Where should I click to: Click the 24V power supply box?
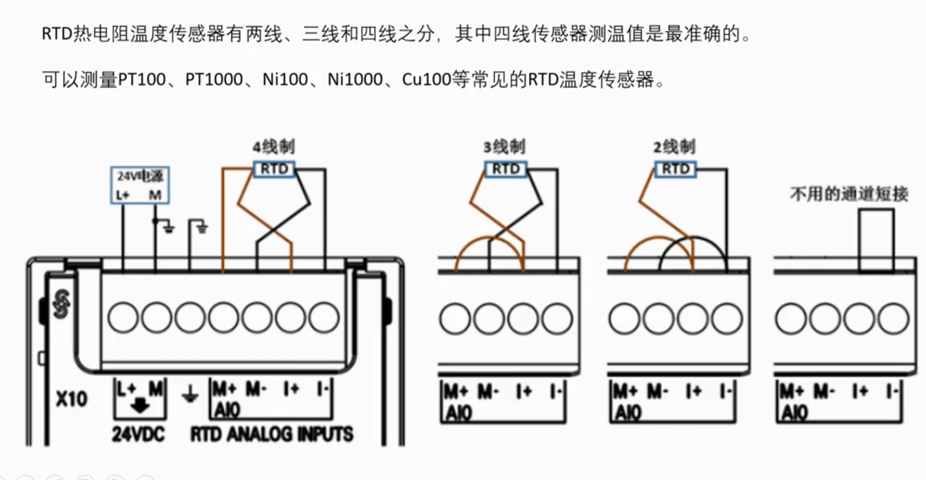click(140, 185)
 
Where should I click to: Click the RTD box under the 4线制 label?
click(275, 169)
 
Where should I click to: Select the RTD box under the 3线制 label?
click(506, 169)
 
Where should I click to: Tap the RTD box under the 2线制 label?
click(676, 169)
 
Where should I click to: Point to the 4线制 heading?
click(273, 147)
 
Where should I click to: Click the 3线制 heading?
click(504, 147)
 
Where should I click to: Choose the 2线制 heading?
click(675, 147)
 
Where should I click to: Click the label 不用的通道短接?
click(849, 194)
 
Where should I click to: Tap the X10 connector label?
click(71, 399)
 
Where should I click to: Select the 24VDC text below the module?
click(138, 434)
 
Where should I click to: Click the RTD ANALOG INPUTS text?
click(272, 434)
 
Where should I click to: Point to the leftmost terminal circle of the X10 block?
click(123, 317)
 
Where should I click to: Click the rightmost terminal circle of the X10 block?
click(324, 317)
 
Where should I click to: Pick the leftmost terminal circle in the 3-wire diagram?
click(455, 319)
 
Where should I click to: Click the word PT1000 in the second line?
click(214, 80)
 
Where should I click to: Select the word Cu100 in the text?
click(426, 80)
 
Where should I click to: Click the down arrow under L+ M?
click(139, 406)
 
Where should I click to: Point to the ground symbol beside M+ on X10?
click(190, 395)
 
